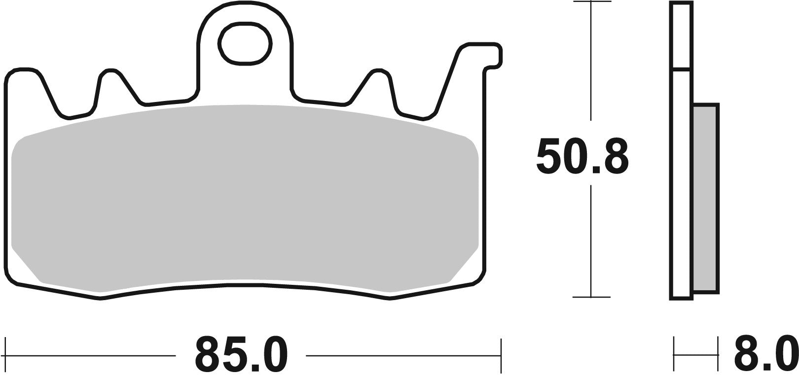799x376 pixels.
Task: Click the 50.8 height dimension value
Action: coord(582,157)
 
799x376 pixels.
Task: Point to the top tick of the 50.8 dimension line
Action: coord(591,2)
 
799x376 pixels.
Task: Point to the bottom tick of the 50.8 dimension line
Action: coord(591,297)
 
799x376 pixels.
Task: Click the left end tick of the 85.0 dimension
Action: coord(5,355)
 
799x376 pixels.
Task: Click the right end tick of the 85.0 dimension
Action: coord(501,355)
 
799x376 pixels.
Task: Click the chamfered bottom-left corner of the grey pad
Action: coord(25,266)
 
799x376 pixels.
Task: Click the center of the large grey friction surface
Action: coord(245,197)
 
